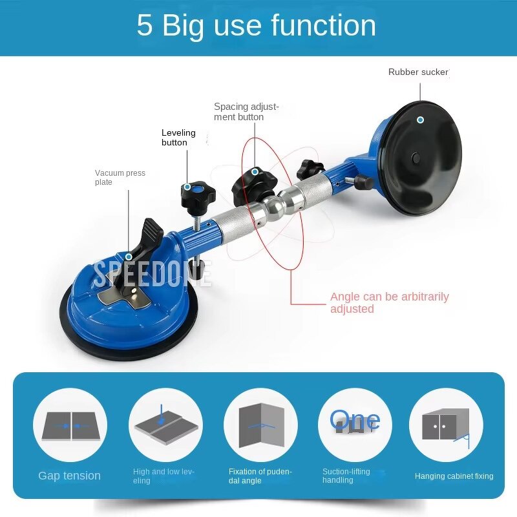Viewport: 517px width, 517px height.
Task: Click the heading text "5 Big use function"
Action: coord(257,26)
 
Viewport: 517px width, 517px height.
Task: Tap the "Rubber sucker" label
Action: coord(418,72)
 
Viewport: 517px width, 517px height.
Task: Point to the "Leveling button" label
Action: coord(178,138)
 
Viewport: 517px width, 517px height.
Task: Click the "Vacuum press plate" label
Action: coord(120,178)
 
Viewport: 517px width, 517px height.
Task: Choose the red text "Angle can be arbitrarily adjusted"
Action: coord(389,302)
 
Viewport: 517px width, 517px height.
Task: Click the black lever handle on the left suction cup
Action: coord(150,236)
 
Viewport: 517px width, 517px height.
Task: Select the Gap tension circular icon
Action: coord(70,425)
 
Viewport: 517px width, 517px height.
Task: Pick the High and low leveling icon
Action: coord(165,425)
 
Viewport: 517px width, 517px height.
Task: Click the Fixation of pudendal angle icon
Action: coord(260,425)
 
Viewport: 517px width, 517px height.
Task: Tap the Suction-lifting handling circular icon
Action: coord(355,425)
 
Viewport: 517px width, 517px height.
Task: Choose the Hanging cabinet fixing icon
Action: coord(446,425)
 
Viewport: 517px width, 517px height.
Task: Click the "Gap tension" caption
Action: coord(70,476)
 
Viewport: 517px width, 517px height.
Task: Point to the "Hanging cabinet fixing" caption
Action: coord(454,476)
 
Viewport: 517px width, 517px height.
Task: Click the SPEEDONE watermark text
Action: coord(153,273)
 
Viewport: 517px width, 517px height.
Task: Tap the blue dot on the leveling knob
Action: coord(187,187)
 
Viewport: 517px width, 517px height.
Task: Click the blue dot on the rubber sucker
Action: coord(420,120)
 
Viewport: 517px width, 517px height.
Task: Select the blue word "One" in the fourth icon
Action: coord(354,419)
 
